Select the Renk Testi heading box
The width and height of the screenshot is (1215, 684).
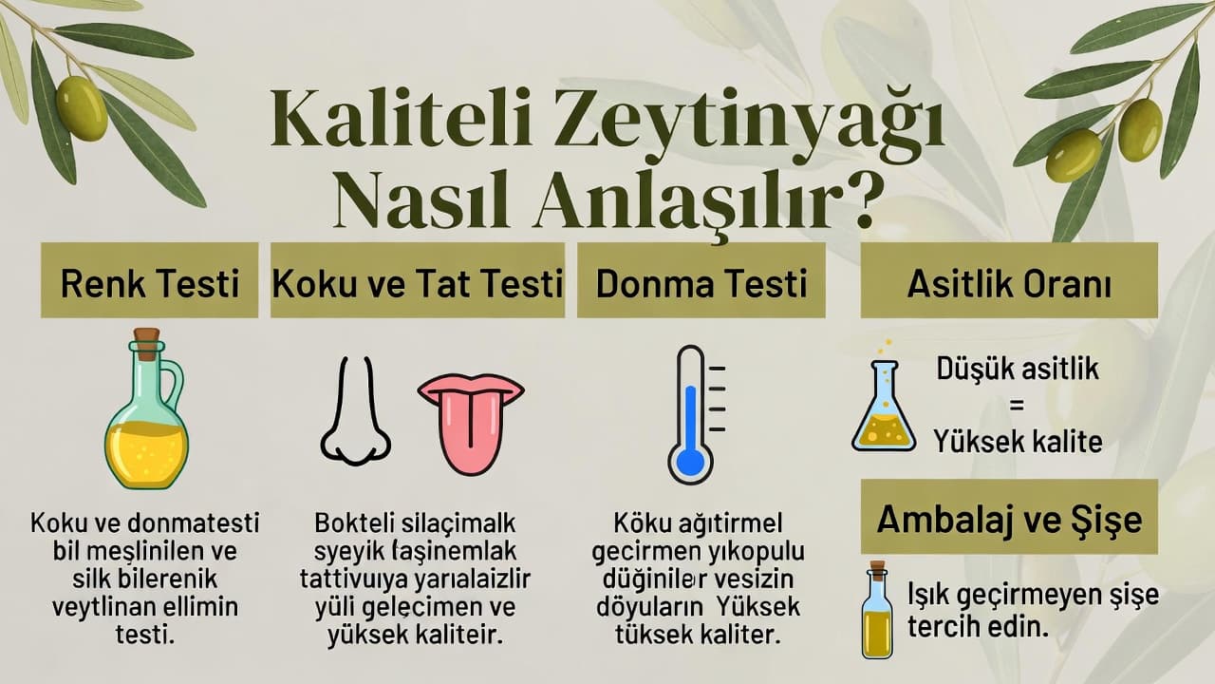[x=149, y=282]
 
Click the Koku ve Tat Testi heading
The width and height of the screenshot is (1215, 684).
[x=418, y=282]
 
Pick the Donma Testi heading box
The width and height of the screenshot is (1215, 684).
[x=701, y=282]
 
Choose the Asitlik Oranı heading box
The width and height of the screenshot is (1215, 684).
[x=1009, y=282]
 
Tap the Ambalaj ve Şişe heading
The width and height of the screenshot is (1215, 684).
[x=1009, y=519]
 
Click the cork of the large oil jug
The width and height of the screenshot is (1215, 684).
[x=146, y=342]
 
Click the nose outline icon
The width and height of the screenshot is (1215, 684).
[x=355, y=413]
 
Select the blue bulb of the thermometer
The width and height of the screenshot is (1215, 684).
[x=690, y=463]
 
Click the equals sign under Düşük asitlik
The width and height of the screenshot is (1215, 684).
[x=1017, y=405]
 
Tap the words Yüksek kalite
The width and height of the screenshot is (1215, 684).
[x=1017, y=441]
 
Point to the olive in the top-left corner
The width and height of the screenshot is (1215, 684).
[x=82, y=107]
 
